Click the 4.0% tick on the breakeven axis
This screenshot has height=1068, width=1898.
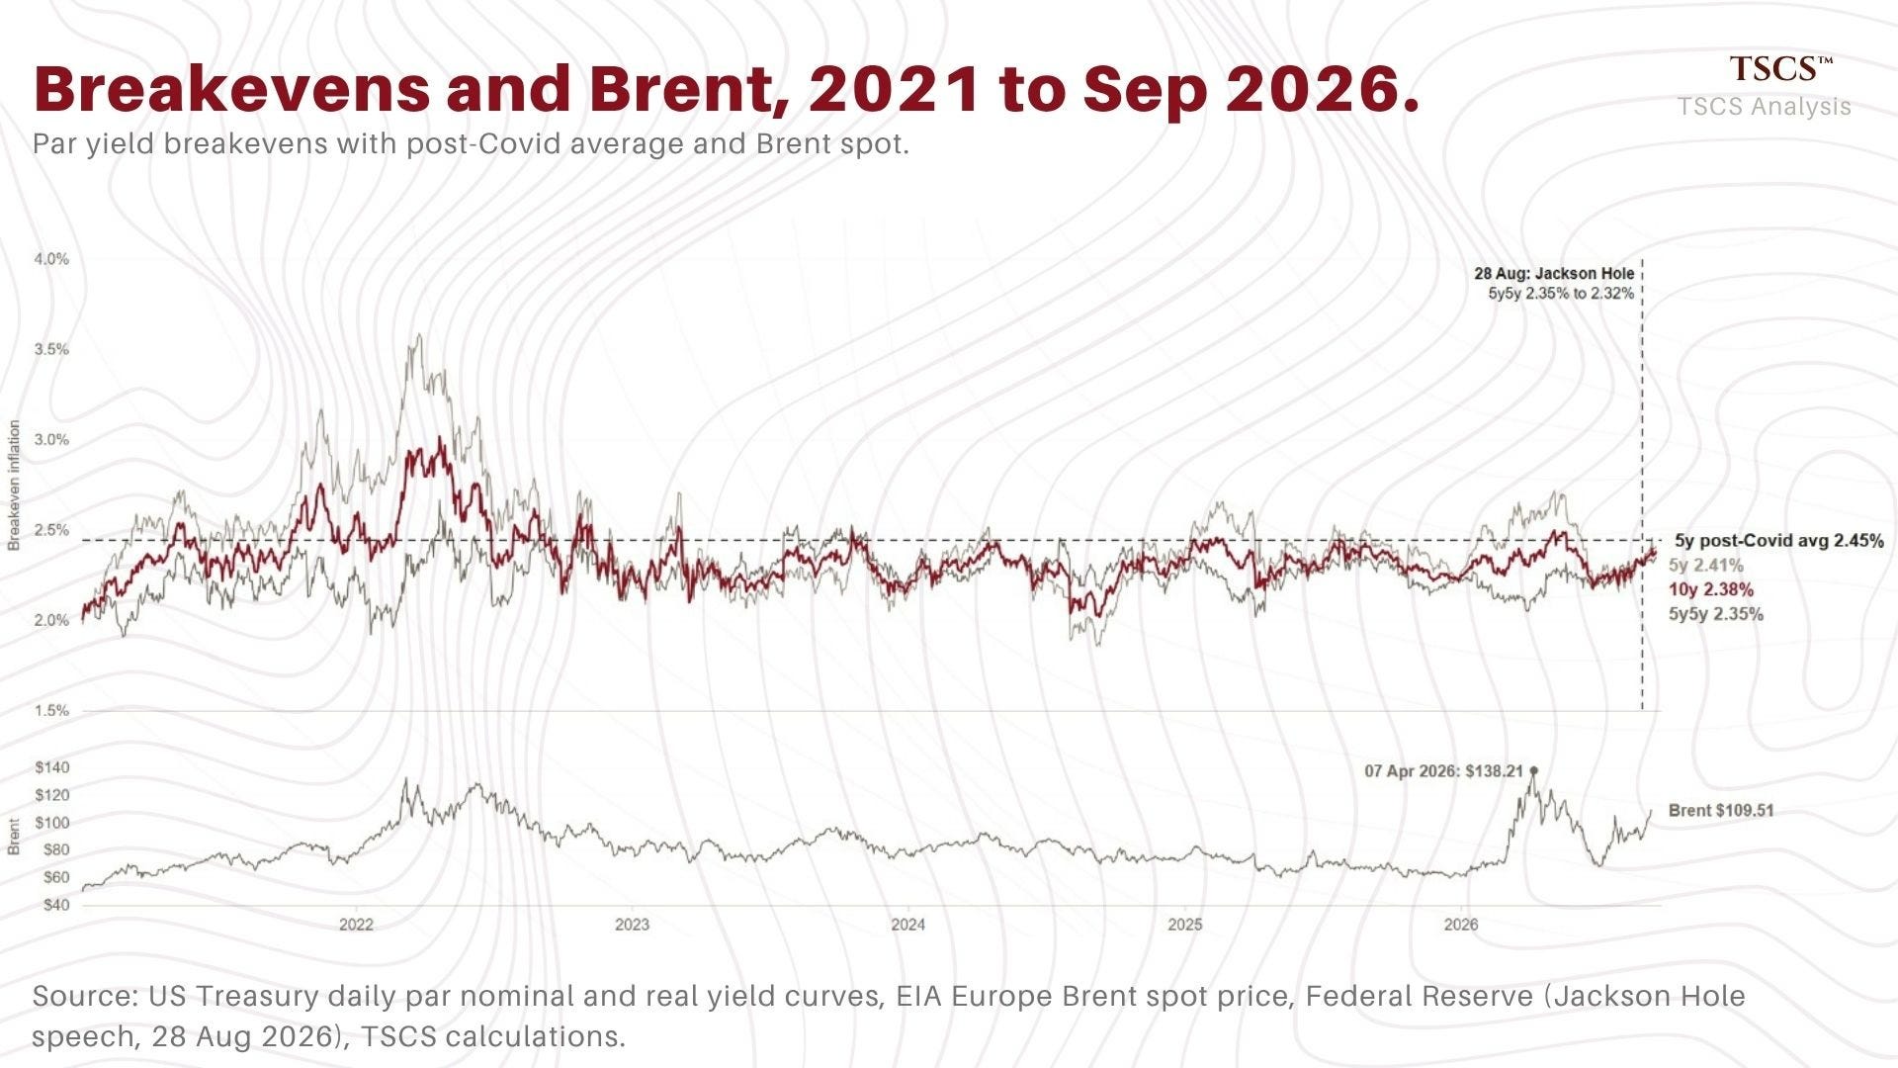coord(51,259)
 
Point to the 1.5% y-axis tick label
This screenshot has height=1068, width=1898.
coord(51,711)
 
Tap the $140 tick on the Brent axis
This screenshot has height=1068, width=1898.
coord(51,767)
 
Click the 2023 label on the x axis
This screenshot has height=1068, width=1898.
coord(633,926)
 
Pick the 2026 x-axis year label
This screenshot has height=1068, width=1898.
coord(1461,926)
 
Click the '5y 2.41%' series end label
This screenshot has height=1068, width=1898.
coord(1706,566)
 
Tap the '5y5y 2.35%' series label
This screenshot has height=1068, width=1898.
coord(1716,614)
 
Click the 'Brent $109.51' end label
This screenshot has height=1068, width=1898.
coord(1721,811)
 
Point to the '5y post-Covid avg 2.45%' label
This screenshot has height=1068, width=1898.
coord(1779,541)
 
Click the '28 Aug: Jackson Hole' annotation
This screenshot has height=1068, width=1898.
coord(1554,274)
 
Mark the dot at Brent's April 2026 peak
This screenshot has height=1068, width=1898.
coord(1533,770)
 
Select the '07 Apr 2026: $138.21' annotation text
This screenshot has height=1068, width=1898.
coord(1444,771)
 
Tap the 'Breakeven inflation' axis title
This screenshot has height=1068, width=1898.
coord(15,486)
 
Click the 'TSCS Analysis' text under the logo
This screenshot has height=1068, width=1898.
coord(1765,107)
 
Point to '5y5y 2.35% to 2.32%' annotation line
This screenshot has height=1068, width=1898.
coord(1561,294)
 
